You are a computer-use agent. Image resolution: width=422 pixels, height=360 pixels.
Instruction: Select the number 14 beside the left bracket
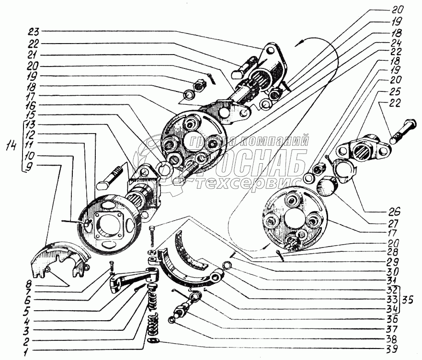(11, 146)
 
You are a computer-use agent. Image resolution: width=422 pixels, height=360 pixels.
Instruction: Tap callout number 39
(391, 349)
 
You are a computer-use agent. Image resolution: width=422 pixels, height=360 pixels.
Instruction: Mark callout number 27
(394, 224)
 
